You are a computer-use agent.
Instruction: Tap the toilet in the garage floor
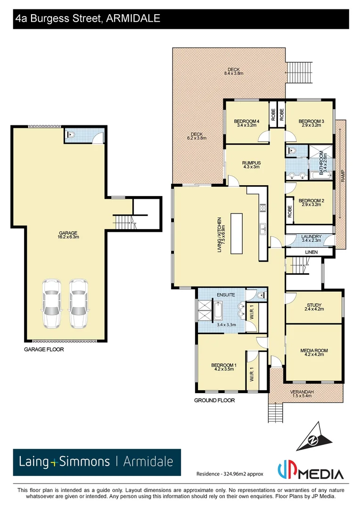click(x=72, y=135)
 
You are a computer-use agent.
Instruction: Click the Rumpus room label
click(x=252, y=165)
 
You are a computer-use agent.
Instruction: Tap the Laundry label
click(x=311, y=238)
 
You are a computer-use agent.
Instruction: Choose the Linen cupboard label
click(x=311, y=252)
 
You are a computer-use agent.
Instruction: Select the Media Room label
click(x=314, y=353)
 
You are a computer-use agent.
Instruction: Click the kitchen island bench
click(x=236, y=234)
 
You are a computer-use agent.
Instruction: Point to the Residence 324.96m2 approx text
click(x=229, y=474)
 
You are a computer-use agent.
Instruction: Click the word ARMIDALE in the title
click(x=133, y=18)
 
